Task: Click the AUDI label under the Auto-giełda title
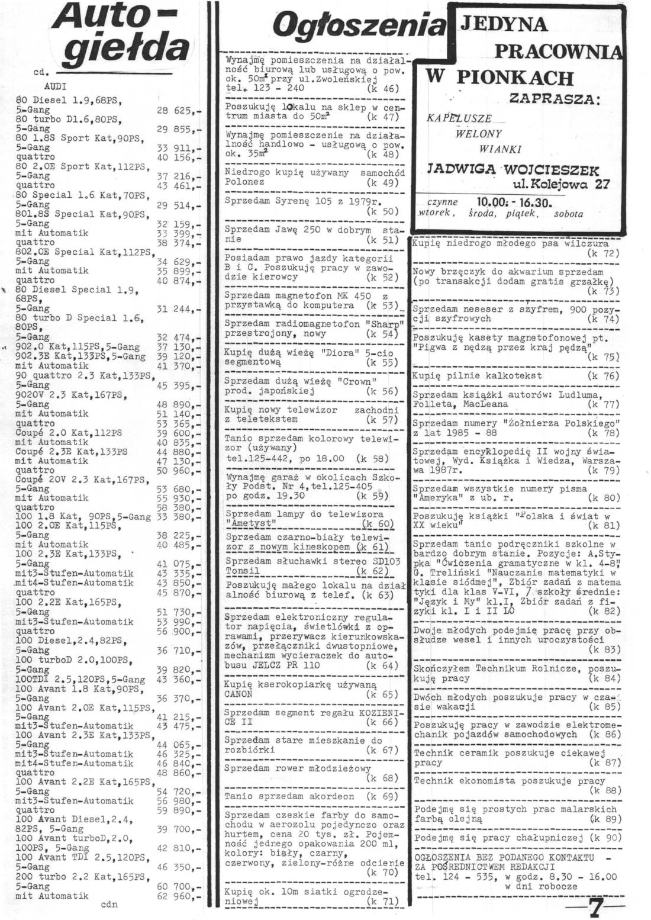55,86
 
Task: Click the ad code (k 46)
383,88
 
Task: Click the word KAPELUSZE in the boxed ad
459,118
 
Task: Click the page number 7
595,906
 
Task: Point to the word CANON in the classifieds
239,694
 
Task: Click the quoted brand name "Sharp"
386,324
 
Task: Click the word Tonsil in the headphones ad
243,571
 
